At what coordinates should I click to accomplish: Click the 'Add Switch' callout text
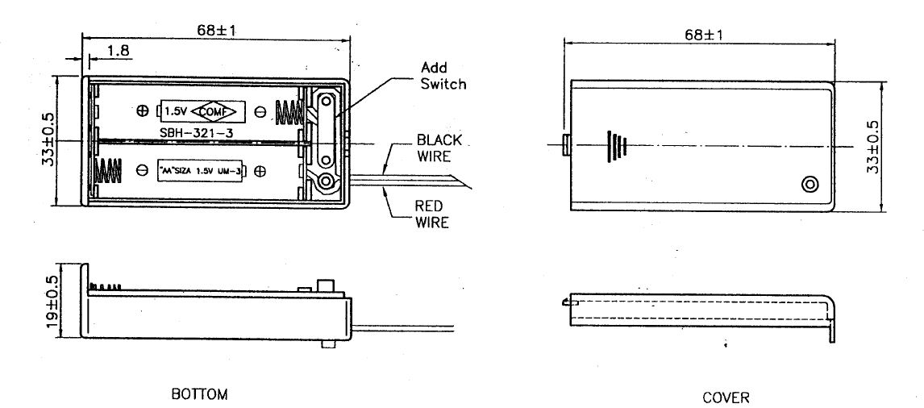[x=444, y=75]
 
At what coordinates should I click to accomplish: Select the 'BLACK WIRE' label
[x=439, y=147]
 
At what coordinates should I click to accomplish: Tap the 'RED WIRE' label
[x=431, y=214]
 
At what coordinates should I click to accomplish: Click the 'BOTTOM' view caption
[x=199, y=394]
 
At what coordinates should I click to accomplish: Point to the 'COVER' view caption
[x=726, y=397]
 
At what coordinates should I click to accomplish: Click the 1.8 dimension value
[x=119, y=51]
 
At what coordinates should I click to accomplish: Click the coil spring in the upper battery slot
[x=288, y=110]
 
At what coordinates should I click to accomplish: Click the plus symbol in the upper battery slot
[x=143, y=110]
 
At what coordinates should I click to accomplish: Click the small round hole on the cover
[x=810, y=185]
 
